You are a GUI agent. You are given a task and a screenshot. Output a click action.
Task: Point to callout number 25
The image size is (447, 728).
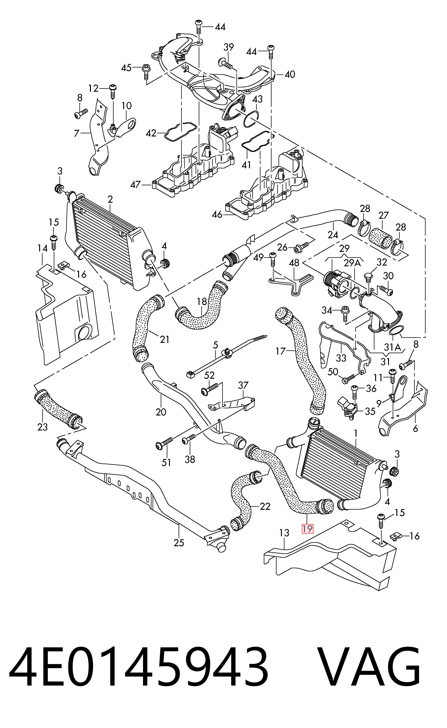pos(179,543)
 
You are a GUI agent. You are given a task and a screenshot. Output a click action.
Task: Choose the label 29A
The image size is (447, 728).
pos(353,263)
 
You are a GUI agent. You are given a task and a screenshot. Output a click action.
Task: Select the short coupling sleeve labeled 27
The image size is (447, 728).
pos(381,237)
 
